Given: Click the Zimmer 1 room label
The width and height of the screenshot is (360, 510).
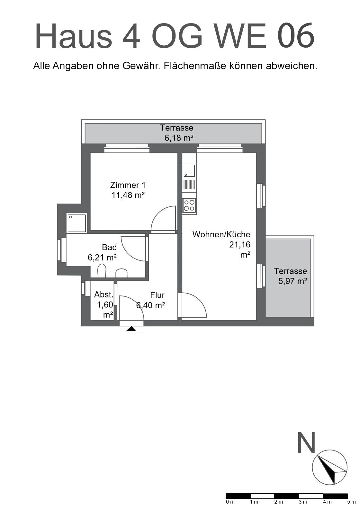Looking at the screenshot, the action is tap(128, 185).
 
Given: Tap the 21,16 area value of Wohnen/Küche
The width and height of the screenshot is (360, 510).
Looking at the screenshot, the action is tap(239, 244).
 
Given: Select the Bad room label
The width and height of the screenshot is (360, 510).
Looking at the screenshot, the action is tap(109, 247).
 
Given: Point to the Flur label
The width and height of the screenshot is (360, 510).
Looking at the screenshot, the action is tap(157, 295).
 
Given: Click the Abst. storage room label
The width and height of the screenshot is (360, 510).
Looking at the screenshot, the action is tap(104, 295).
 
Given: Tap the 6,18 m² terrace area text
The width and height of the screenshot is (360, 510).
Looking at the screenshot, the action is tap(179, 138).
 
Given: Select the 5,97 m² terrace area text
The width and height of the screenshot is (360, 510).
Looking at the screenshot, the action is tap(292, 281).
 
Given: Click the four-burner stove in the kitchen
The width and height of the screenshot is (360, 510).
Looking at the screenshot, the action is tap(189, 205).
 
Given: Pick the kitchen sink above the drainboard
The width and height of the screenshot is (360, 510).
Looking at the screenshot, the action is tap(189, 171).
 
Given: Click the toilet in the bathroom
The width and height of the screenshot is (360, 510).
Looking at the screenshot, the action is tap(102, 270).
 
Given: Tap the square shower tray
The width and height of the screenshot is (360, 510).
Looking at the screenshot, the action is tap(77, 223).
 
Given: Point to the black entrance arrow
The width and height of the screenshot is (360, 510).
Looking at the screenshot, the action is tap(131, 329).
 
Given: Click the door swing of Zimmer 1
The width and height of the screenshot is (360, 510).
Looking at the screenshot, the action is tap(163, 218).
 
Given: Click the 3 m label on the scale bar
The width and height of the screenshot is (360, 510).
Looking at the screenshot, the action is tap(303, 502).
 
